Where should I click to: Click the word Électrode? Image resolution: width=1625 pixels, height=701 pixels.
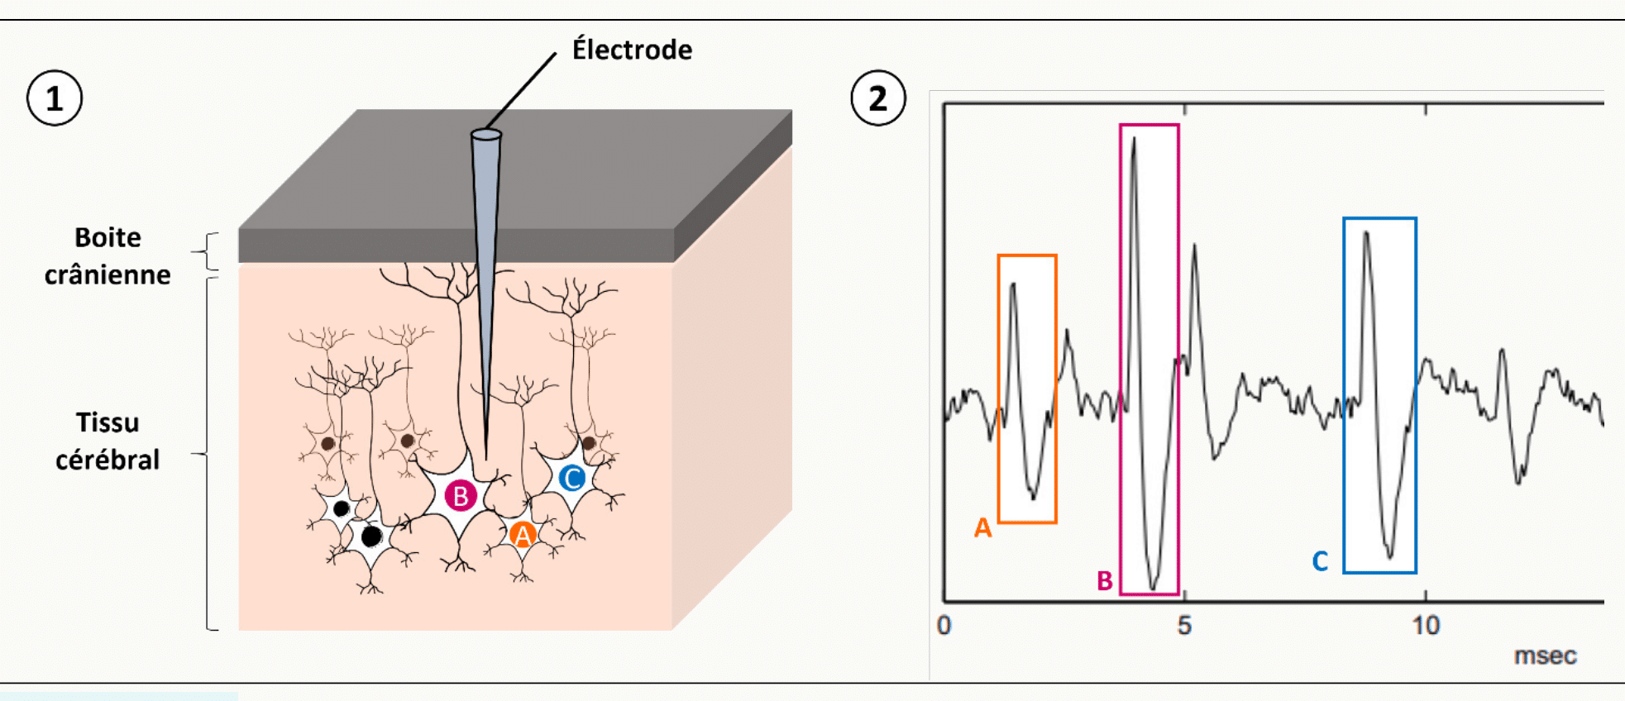632,50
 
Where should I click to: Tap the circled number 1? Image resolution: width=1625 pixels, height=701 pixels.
55,98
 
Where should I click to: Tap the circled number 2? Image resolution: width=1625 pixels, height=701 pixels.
878,98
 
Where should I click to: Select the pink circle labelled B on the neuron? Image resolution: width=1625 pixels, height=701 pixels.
461,496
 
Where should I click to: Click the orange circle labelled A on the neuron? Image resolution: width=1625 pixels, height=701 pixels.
523,536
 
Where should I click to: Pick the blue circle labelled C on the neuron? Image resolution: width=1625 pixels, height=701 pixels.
572,478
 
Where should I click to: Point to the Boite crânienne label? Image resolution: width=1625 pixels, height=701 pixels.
108,256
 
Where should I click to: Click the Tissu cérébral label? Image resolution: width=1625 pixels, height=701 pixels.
108,441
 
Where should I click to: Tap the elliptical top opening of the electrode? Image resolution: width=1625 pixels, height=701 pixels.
486,134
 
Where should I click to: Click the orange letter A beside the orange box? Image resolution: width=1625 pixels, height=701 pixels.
982,527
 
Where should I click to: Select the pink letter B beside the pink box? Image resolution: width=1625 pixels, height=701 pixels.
1105,581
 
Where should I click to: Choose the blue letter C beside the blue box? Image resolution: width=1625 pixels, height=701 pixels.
1320,562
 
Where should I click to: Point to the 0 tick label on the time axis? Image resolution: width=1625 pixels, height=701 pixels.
944,626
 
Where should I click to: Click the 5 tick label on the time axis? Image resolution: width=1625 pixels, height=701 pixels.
1184,626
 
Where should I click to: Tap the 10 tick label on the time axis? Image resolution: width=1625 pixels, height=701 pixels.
1426,626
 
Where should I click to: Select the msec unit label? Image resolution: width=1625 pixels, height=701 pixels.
1545,656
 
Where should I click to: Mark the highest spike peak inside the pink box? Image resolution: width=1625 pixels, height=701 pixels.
1134,138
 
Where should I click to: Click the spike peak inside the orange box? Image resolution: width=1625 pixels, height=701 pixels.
1014,284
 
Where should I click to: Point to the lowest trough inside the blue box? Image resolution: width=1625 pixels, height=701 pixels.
1390,556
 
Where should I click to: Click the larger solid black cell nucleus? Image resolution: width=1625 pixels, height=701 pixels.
371,536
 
